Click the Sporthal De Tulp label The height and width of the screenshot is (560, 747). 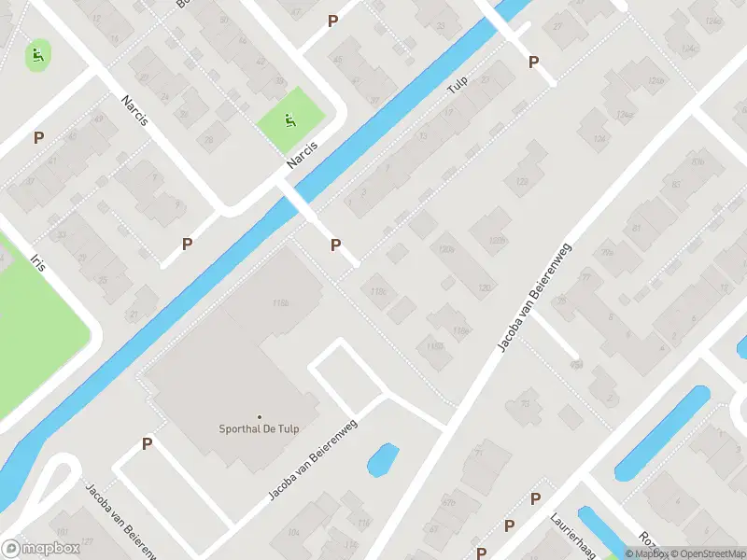[x=260, y=431]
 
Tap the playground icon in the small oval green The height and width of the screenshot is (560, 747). [x=38, y=55]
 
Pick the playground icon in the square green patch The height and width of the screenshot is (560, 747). [x=289, y=120]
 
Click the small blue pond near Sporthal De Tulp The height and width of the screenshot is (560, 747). [x=383, y=459]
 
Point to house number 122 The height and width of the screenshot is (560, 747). [x=522, y=180]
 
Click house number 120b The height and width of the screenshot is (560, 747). [x=446, y=249]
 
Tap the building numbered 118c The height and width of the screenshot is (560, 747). [x=378, y=292]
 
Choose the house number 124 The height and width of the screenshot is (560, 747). [x=599, y=140]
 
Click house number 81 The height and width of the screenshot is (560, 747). [x=637, y=228]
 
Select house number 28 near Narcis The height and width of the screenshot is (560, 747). [x=209, y=140]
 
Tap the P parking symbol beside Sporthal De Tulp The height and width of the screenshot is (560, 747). [x=147, y=444]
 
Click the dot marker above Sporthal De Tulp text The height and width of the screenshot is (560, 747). [x=260, y=417]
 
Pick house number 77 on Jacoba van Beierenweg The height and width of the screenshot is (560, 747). [x=585, y=276]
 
